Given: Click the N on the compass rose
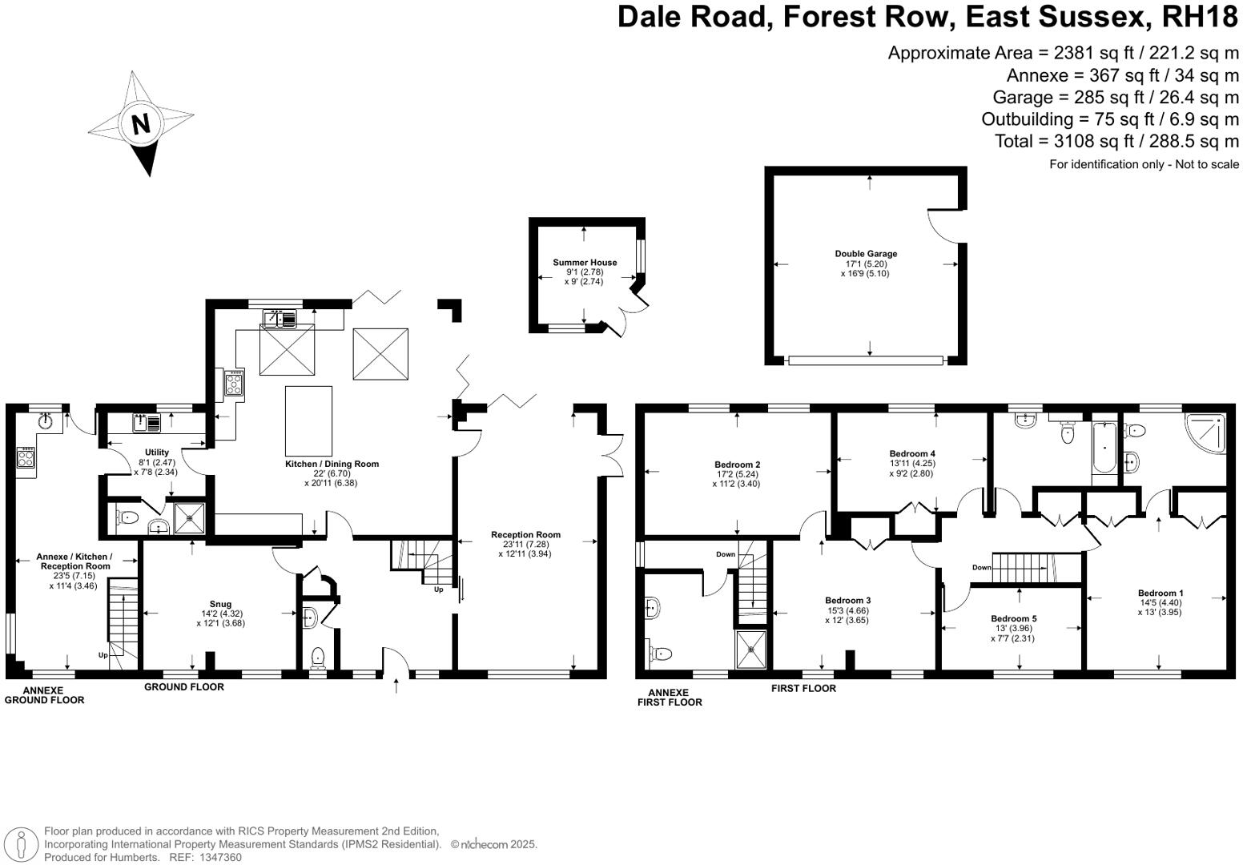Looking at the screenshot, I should (140, 124).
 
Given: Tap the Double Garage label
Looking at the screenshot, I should (866, 254).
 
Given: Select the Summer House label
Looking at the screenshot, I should (585, 263).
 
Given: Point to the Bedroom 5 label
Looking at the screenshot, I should (1013, 618).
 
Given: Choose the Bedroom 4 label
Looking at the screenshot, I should (911, 453).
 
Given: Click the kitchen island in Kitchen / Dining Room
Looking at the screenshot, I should (309, 420).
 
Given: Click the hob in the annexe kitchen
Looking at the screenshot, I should (26, 458).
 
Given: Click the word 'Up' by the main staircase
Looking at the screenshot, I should (438, 589).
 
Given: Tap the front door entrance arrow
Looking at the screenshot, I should (396, 685).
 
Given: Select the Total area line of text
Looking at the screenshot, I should (1116, 141).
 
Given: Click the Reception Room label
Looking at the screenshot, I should (525, 534).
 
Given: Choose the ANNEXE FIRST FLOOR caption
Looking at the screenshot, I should (670, 698).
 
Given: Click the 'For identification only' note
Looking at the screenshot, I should (1144, 164).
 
